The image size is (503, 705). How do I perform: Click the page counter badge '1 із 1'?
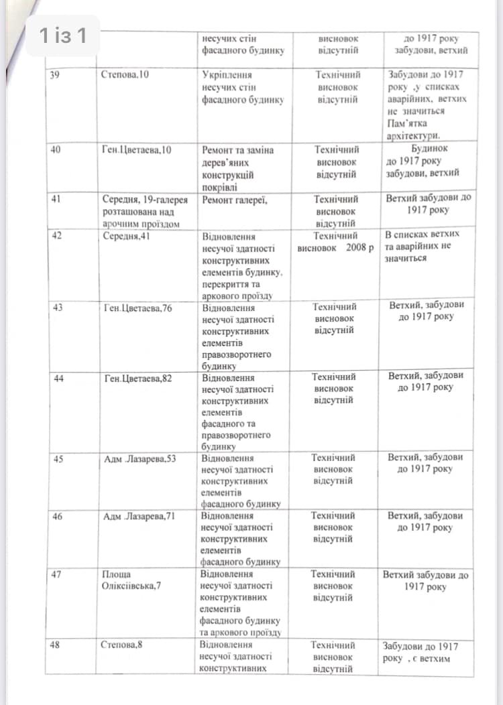click(x=62, y=36)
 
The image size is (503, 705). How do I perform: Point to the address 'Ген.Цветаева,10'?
click(x=137, y=149)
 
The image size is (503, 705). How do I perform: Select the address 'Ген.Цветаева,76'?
click(x=138, y=308)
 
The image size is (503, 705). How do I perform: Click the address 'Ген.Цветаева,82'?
click(x=138, y=379)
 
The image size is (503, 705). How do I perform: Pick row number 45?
click(x=58, y=459)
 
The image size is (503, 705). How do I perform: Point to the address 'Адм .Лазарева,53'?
click(x=140, y=459)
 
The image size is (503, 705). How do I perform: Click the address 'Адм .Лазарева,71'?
click(x=140, y=517)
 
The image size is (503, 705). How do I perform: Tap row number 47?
click(x=58, y=575)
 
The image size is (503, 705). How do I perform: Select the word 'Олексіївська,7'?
click(x=131, y=586)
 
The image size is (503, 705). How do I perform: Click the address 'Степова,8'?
click(x=121, y=645)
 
